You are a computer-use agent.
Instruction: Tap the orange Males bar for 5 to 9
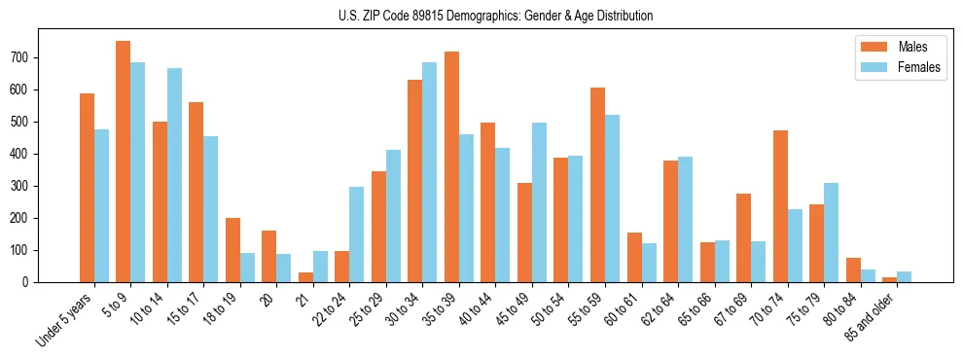pos(124,162)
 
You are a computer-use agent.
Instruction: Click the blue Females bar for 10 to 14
pos(174,175)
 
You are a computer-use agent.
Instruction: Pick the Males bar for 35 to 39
pos(452,166)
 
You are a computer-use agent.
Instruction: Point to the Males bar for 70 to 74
pos(780,206)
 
